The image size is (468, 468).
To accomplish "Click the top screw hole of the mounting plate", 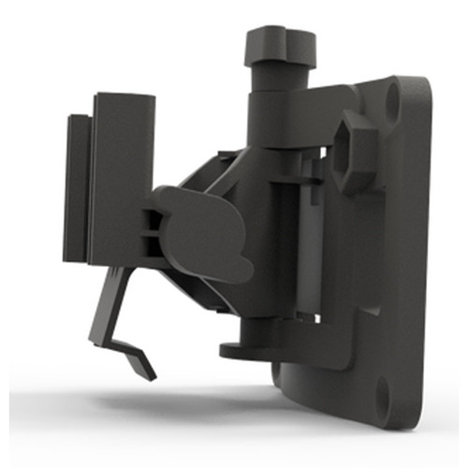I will click(x=393, y=94).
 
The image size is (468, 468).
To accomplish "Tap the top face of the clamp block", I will click(x=124, y=96).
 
